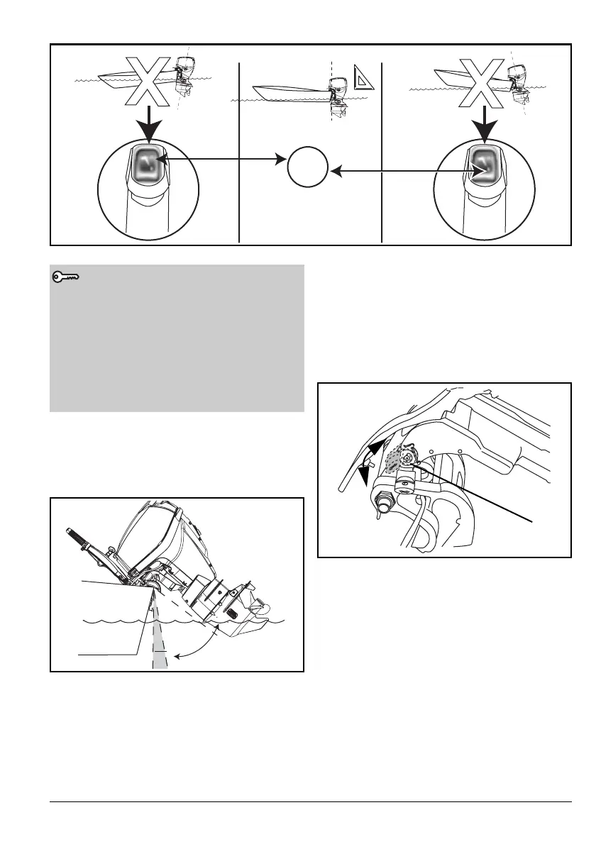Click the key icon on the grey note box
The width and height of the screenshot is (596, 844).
[x=67, y=278]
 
